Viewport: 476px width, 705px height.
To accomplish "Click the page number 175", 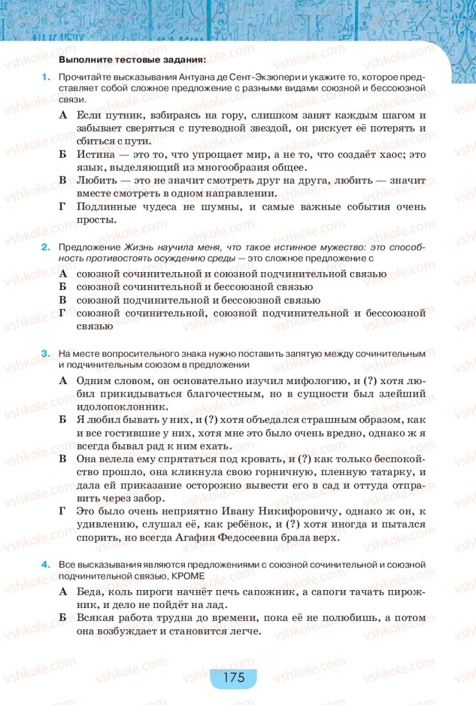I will [x=233, y=678].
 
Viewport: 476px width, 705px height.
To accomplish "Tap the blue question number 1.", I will [x=44, y=78].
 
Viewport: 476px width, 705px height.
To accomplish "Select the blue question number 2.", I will [x=44, y=247].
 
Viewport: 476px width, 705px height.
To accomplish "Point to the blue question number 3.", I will [x=44, y=354].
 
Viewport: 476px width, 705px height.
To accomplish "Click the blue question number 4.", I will [x=44, y=563].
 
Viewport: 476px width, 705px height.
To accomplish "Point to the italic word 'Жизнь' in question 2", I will [x=137, y=247].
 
